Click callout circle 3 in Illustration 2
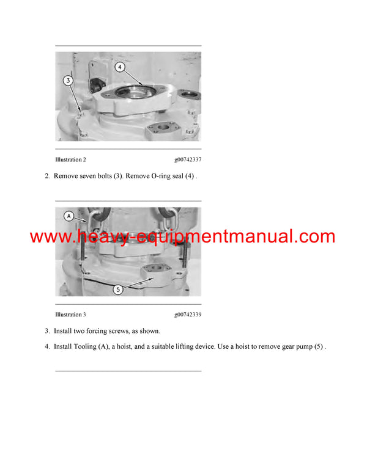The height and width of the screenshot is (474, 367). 69,79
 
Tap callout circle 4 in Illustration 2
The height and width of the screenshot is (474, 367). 120,67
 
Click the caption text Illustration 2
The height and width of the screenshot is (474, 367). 70,160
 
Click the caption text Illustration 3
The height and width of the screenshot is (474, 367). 70,315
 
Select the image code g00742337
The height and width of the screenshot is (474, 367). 187,160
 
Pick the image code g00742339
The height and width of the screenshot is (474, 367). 187,315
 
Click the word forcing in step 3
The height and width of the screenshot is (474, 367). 99,331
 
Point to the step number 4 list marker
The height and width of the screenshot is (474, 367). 46,347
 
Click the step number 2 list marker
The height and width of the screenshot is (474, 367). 46,176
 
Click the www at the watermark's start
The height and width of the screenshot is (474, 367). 49,237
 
